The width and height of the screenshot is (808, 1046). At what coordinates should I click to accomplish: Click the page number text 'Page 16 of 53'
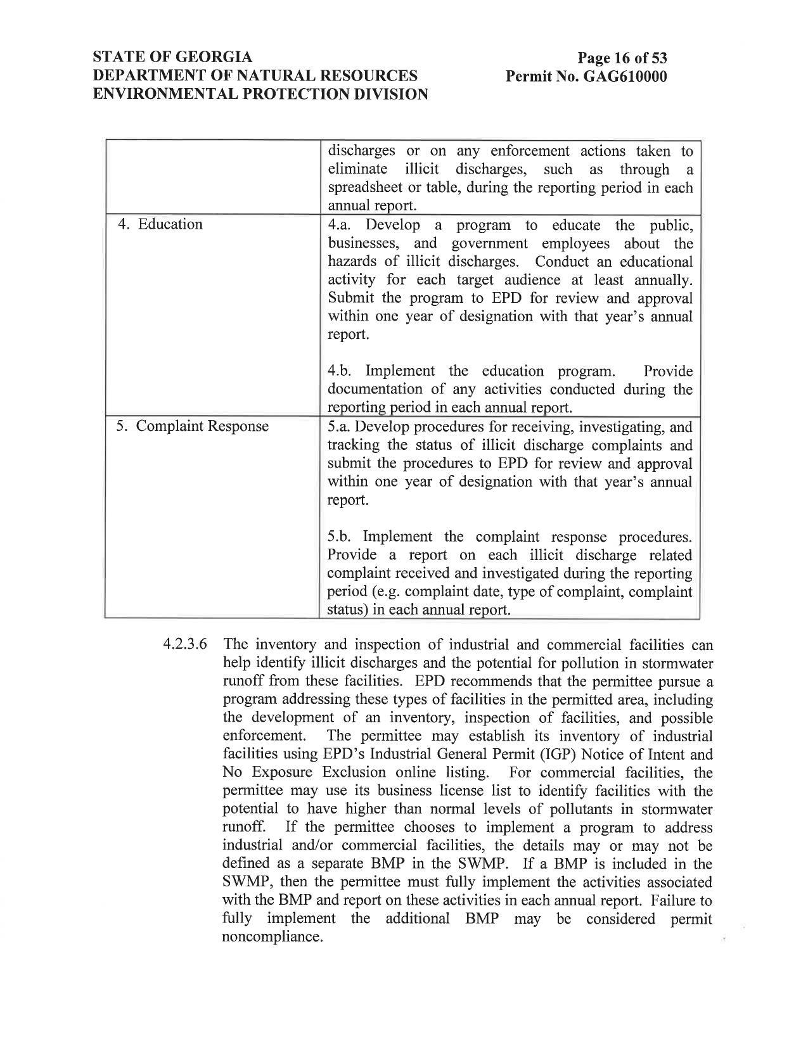point(622,59)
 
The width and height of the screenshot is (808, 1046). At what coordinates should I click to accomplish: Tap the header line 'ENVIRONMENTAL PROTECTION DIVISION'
point(260,94)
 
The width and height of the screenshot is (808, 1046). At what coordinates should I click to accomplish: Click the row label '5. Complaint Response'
point(193,426)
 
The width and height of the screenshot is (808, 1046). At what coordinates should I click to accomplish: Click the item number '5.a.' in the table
point(341,427)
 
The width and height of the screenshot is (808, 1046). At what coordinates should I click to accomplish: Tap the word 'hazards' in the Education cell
point(350,262)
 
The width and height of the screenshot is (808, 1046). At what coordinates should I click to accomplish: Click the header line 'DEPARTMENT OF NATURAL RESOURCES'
point(255,76)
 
